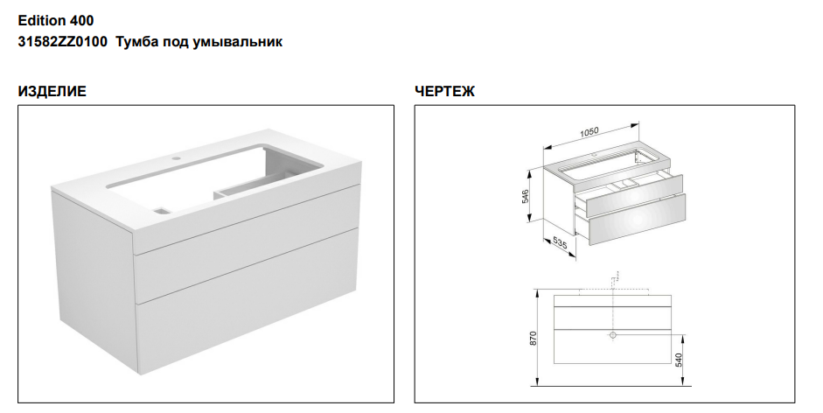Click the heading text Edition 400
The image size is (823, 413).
[x=56, y=20]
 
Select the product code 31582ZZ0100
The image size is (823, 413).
[x=62, y=41]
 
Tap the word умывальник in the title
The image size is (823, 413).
[x=238, y=42]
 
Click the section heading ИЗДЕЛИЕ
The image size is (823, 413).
[x=52, y=91]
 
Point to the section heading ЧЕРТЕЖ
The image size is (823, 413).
[x=444, y=91]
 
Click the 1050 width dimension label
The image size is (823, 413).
[x=589, y=132]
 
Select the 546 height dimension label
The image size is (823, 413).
[x=526, y=196]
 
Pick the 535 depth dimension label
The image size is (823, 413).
[x=560, y=243]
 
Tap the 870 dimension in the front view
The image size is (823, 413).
[x=534, y=339]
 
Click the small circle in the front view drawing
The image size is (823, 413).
[x=612, y=335]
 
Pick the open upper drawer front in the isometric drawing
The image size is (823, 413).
[x=633, y=197]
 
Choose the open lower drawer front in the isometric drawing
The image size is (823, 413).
[x=637, y=220]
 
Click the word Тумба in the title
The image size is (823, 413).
[x=133, y=42]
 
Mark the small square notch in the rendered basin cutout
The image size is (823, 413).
[x=162, y=211]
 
